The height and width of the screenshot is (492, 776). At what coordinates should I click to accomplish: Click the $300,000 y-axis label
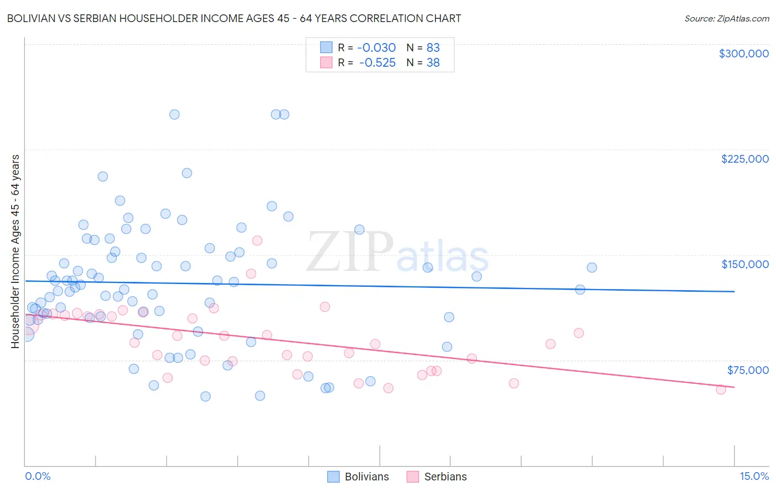click(x=743, y=54)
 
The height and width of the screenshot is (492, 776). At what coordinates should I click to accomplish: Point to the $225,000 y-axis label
click(x=745, y=159)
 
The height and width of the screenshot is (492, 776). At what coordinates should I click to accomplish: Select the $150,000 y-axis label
click(x=745, y=264)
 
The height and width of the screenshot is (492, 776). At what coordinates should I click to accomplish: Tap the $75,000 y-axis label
click(x=748, y=370)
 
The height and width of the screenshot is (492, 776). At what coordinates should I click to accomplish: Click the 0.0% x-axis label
click(x=38, y=476)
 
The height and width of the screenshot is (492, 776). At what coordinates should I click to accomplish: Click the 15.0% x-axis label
click(x=754, y=476)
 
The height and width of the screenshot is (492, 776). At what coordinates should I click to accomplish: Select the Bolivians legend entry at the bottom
click(x=359, y=477)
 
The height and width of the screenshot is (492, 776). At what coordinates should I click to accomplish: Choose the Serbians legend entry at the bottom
click(x=437, y=477)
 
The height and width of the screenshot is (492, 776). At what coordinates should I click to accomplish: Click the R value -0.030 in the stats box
click(x=377, y=47)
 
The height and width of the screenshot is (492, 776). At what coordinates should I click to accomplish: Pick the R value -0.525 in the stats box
click(x=377, y=63)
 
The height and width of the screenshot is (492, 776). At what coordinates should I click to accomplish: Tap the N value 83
click(x=433, y=47)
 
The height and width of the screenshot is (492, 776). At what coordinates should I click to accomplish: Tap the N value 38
click(x=433, y=63)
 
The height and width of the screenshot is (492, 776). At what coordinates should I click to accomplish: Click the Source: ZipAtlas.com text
click(x=726, y=18)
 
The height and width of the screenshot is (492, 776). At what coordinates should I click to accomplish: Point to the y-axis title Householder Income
click(x=15, y=251)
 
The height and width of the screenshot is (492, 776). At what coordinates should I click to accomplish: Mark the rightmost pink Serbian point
click(x=721, y=389)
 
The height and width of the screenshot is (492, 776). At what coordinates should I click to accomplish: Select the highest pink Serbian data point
click(x=257, y=240)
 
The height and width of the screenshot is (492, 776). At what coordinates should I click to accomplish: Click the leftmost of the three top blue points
click(x=174, y=115)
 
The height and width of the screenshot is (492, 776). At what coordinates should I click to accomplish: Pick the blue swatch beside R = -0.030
click(x=326, y=47)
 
